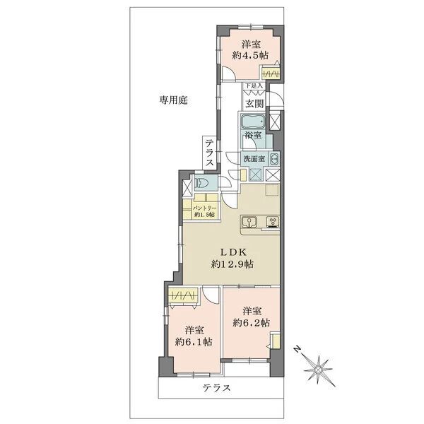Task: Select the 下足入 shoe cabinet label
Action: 254,86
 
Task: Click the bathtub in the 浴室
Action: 253,121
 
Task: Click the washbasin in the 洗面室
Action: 273,158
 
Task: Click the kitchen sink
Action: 249,224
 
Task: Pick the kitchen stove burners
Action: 272,224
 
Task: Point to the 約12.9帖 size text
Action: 232,264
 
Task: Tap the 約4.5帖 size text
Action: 250,54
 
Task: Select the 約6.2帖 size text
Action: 252,323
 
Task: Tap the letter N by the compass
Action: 299,349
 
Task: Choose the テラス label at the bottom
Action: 217,389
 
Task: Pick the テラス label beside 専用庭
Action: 210,153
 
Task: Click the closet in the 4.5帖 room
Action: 269,73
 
